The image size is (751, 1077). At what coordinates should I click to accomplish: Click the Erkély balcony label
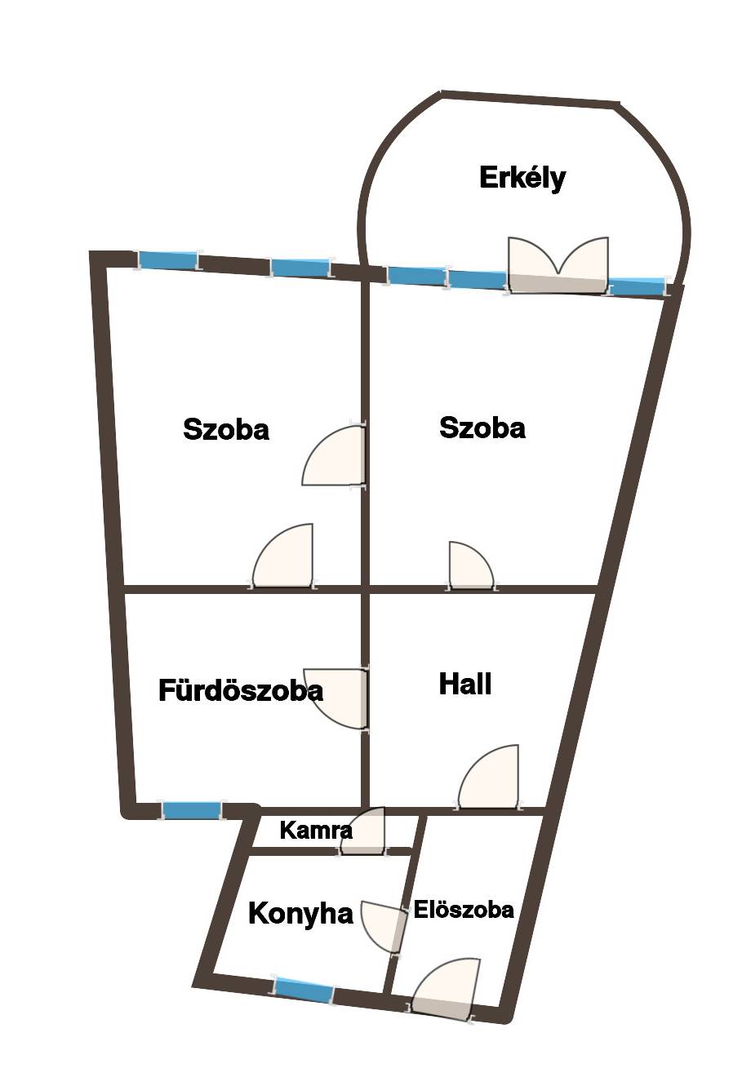522,178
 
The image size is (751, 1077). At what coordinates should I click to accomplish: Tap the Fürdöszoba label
241,690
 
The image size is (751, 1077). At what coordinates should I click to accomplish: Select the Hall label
465,684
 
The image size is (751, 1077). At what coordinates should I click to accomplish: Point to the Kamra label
316,831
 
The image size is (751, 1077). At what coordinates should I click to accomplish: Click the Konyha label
300,913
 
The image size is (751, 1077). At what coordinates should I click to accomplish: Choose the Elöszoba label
464,910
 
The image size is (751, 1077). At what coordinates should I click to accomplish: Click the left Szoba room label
226,429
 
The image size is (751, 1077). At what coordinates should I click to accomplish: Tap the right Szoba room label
482,428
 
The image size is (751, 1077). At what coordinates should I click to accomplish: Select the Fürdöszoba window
192,810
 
